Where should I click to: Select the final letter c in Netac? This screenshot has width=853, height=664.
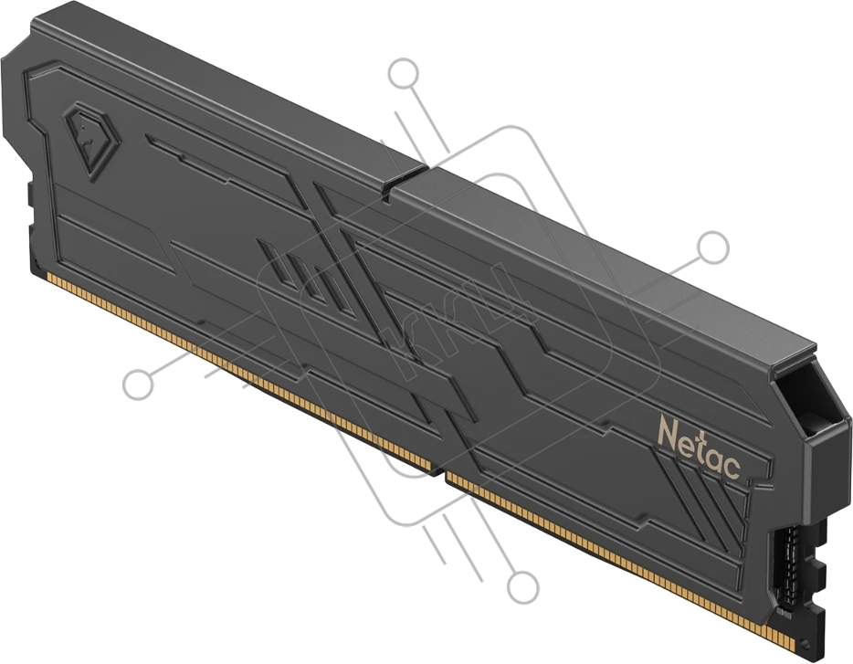point(732,467)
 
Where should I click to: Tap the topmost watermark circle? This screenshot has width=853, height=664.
point(403,73)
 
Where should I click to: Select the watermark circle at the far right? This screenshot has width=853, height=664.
point(713,246)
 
